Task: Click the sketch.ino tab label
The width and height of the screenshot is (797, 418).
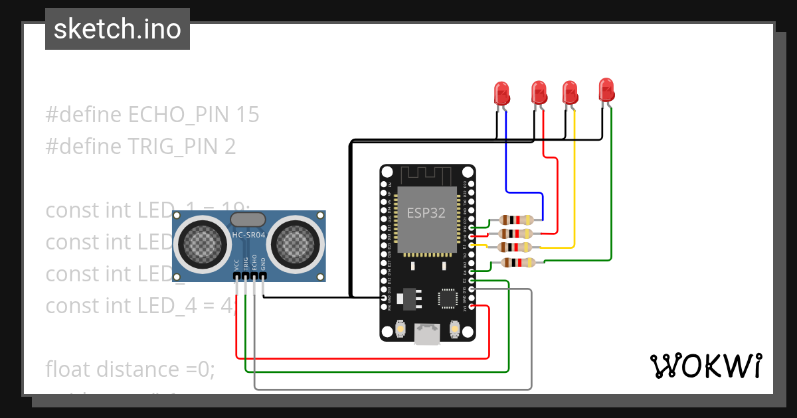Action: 117,29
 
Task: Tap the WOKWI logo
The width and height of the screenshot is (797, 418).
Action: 705,366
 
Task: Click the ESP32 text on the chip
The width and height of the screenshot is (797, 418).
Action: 426,212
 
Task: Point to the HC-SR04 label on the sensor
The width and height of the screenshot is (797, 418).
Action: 249,236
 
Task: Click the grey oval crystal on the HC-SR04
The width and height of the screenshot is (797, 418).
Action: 248,220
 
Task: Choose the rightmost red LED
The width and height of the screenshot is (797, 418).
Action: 606,90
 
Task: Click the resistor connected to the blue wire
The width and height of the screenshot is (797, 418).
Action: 516,220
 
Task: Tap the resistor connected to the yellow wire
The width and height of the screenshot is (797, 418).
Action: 516,247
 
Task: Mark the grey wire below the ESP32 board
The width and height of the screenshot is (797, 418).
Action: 392,389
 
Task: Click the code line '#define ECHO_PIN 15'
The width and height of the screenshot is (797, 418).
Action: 152,115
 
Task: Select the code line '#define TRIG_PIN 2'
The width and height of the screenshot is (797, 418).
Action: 140,146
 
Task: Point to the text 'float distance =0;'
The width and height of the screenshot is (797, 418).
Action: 130,369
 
